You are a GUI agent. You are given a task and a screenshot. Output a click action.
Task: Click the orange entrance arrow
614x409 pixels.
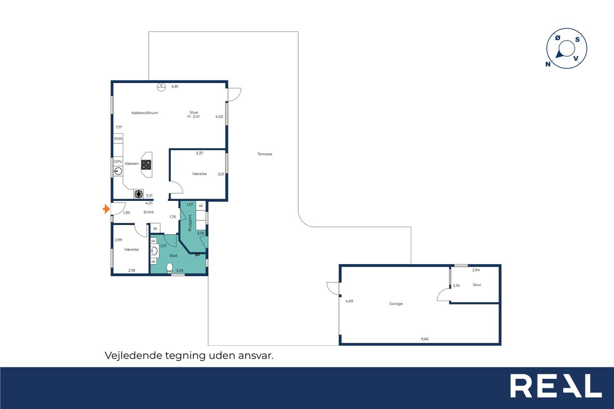pyautogui.click(x=106, y=209)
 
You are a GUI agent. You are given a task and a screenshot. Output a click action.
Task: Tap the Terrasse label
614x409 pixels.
pyautogui.click(x=264, y=154)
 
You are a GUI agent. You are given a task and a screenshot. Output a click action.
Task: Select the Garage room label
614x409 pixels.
pyautogui.click(x=396, y=304)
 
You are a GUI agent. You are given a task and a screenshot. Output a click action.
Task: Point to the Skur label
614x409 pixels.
pyautogui.click(x=477, y=285)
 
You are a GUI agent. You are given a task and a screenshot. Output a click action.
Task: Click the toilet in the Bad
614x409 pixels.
pyautogui.click(x=170, y=268)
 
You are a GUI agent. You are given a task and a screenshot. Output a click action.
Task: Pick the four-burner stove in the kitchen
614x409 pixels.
pyautogui.click(x=146, y=164)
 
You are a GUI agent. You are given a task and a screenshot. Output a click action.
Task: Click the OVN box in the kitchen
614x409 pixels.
pyautogui.click(x=118, y=139)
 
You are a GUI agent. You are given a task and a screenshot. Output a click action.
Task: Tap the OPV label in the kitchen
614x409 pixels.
pyautogui.click(x=118, y=162)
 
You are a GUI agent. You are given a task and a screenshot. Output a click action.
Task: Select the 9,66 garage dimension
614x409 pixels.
pyautogui.click(x=425, y=339)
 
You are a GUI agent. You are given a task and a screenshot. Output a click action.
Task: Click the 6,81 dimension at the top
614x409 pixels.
pyautogui.click(x=175, y=86)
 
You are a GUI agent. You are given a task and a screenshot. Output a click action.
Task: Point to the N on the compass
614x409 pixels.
pyautogui.click(x=548, y=64)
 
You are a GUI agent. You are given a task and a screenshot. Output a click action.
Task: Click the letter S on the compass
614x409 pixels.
pyautogui.click(x=578, y=40)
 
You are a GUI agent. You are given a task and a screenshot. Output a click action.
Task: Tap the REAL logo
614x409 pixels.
pyautogui.click(x=556, y=386)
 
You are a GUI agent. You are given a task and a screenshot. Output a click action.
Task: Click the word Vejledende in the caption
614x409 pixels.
pyautogui.click(x=133, y=356)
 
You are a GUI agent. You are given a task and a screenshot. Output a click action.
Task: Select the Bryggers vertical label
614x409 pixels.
pyautogui.click(x=189, y=222)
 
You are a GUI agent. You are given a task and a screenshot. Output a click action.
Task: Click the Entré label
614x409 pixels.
pyautogui.click(x=149, y=212)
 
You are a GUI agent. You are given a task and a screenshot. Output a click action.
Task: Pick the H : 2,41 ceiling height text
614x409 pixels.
pyautogui.click(x=193, y=116)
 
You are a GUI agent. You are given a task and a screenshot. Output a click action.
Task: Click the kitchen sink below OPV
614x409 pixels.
pyautogui.click(x=118, y=171)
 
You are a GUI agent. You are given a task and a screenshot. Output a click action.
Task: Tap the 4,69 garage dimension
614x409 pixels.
pyautogui.click(x=349, y=301)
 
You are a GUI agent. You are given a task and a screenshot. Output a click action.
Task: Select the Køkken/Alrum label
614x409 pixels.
pyautogui.click(x=144, y=113)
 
